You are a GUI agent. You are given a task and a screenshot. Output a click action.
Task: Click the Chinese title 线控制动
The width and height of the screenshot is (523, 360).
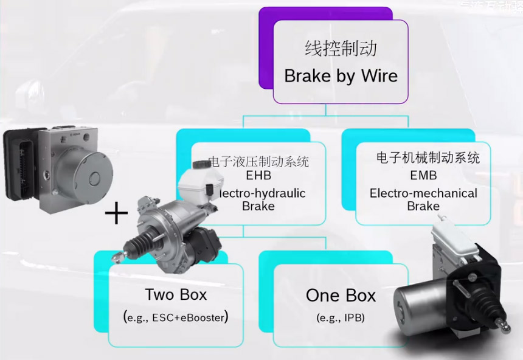coord(341,49)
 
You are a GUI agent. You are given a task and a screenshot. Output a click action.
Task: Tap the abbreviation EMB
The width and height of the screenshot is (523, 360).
coord(423,176)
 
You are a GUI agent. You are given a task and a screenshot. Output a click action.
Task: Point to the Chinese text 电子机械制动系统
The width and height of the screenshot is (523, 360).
coord(428,158)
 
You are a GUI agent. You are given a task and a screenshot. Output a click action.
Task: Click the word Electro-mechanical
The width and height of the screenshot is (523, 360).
coord(423,193)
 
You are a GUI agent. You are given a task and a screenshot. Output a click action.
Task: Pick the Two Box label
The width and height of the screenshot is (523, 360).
coord(176,295)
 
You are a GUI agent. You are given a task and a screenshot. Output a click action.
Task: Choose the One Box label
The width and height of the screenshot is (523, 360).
coord(341,296)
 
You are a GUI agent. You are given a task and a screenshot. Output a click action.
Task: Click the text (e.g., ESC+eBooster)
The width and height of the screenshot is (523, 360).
coord(176,317)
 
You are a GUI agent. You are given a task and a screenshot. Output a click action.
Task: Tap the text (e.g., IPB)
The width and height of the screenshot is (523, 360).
coord(341,317)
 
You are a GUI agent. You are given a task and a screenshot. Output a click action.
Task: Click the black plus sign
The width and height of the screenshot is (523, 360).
coord(116,213)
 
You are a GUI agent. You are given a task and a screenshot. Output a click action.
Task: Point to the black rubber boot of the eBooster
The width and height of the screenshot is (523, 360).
coord(139,246)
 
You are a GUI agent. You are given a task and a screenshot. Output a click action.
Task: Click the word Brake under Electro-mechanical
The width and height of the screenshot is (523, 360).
coord(423,206)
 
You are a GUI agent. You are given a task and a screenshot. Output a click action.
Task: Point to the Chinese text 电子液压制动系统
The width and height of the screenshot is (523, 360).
coord(258,162)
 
